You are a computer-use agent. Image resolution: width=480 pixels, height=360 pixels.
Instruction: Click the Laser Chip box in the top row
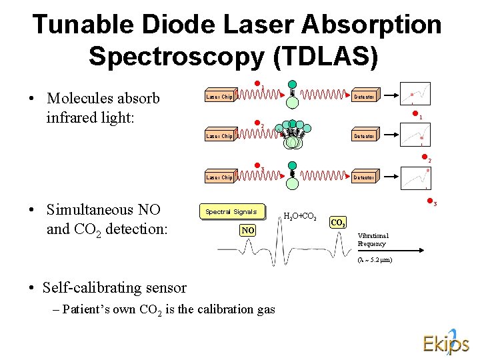point(219,97)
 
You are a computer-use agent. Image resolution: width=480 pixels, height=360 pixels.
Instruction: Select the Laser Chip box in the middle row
point(219,137)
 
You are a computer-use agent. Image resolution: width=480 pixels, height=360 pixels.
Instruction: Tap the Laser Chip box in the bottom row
point(219,177)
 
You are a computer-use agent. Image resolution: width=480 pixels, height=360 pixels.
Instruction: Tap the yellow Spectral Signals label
point(231,212)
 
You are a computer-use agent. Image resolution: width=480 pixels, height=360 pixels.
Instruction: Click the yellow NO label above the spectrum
point(248,230)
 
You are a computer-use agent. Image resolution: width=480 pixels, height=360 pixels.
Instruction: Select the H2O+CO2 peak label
point(300,216)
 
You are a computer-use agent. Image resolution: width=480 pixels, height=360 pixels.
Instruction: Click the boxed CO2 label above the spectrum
point(338,223)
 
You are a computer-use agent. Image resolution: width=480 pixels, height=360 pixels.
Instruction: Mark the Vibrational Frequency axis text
point(373,240)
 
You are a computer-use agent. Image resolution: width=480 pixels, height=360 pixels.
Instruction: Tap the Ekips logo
point(445,341)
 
